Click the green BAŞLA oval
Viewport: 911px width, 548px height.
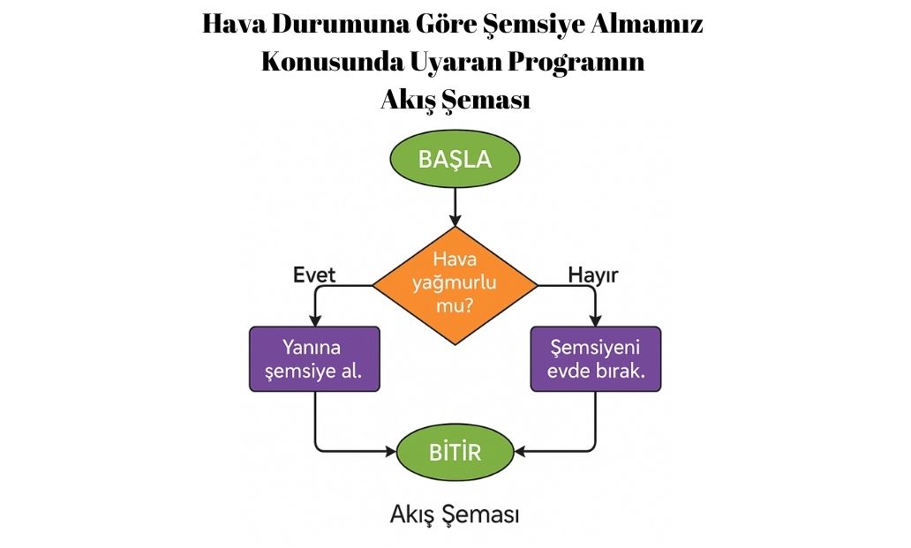click(455, 160)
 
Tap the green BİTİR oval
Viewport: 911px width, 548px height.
click(455, 453)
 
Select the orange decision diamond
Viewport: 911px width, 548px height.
click(455, 284)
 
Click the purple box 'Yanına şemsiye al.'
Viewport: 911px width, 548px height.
click(315, 358)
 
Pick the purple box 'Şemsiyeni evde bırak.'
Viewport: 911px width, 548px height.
click(595, 358)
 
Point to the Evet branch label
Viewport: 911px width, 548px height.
click(314, 275)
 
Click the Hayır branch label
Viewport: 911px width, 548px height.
click(592, 275)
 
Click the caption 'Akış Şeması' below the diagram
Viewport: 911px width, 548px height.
click(455, 514)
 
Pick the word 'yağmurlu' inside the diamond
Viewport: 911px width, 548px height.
click(455, 284)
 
